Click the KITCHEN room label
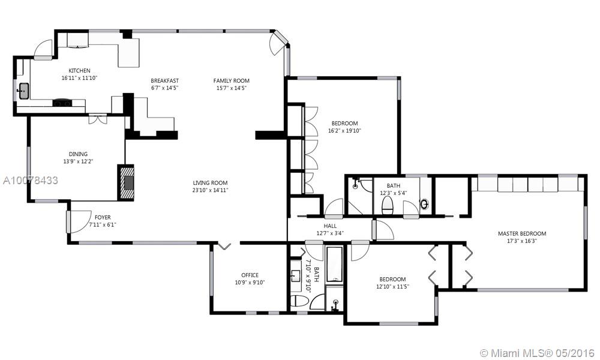click(x=80, y=70)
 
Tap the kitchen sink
click(x=23, y=91)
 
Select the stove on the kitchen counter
click(x=62, y=103)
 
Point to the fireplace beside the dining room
click(x=126, y=182)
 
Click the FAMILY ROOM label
click(x=232, y=81)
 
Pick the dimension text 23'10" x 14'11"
click(x=210, y=190)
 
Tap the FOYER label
click(x=103, y=217)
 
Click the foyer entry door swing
click(x=79, y=222)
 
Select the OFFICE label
click(x=250, y=275)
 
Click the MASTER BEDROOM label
click(x=522, y=233)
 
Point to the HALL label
click(x=330, y=226)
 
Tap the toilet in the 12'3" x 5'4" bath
click(x=388, y=206)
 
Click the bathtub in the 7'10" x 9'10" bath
click(x=335, y=265)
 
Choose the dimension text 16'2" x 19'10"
click(x=344, y=130)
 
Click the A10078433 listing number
click(x=31, y=180)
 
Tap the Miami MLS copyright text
click(x=537, y=353)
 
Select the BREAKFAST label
click(x=164, y=81)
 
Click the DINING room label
click(x=78, y=154)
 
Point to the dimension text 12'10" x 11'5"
click(x=392, y=286)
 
